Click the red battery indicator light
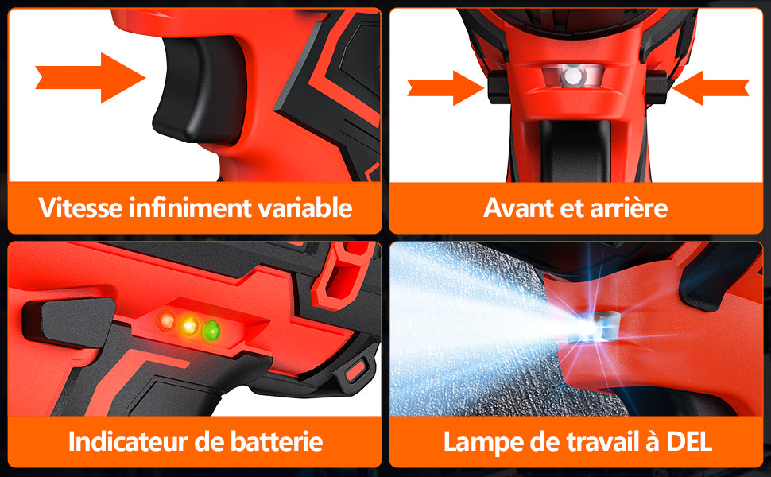coord(167,322)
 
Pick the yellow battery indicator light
coord(189,324)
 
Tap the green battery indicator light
coord(211,328)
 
